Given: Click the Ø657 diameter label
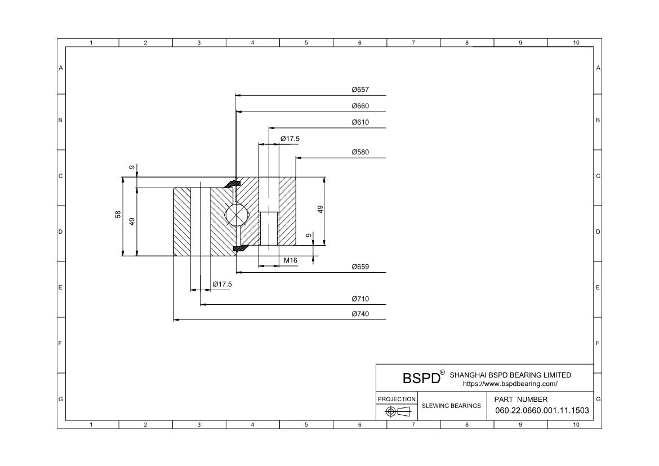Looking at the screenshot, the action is [360, 90].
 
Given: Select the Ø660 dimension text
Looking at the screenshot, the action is [360, 106].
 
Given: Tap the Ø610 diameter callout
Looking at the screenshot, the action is [360, 122].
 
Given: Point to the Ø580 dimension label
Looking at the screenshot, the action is [360, 152].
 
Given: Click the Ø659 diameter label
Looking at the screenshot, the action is [360, 267].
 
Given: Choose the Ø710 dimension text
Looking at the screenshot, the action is [360, 299].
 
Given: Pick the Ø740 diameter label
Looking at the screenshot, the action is [360, 314].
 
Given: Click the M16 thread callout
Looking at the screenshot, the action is [291, 260].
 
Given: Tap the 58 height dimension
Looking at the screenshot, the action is [118, 215].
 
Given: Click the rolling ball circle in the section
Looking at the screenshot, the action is [237, 215].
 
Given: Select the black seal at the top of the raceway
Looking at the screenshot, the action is [231, 184].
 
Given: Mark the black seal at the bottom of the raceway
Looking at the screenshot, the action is [238, 248].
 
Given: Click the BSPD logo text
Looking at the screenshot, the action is [421, 378].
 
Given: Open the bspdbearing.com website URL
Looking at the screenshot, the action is [510, 384].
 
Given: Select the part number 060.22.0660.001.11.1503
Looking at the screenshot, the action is [542, 410].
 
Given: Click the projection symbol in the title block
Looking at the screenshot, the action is [398, 411].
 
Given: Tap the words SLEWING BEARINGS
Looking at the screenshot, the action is [451, 406].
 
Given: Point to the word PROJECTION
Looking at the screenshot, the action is [397, 399].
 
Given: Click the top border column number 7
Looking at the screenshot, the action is [413, 42].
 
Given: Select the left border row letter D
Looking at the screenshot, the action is [60, 232].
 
